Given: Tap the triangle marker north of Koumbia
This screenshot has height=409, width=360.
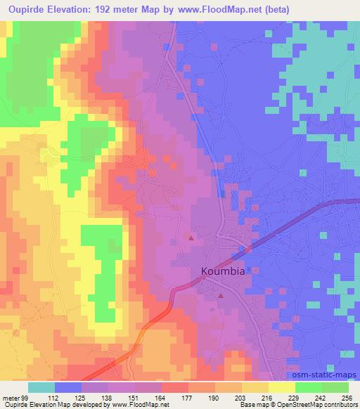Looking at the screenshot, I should (191, 238).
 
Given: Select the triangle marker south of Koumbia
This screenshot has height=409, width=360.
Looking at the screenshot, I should (221, 295).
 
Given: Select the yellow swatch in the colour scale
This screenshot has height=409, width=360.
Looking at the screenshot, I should (281, 387).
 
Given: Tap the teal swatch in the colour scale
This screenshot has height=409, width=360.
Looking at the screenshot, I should (41, 387).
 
